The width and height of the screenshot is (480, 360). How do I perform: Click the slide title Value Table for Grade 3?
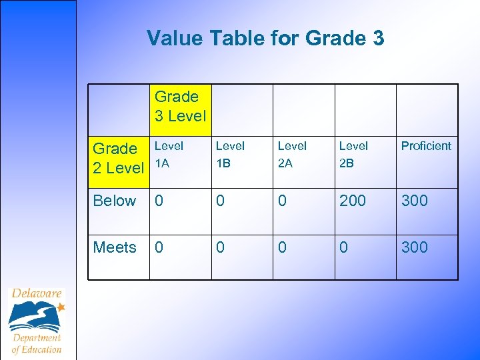coord(265,38)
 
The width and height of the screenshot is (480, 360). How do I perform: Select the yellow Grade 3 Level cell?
coord(181,106)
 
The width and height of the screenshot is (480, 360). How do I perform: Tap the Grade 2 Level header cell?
coord(118,158)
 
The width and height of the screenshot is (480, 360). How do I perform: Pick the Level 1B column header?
coord(230,153)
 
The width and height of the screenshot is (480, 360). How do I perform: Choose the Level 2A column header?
coord(292,153)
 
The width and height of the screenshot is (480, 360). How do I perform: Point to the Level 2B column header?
coord(353,153)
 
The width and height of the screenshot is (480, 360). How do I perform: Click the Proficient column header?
coord(426,146)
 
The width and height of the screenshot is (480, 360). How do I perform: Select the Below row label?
coord(115,201)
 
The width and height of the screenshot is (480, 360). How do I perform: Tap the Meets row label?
coord(115,247)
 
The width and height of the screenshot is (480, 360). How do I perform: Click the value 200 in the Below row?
coord(353,201)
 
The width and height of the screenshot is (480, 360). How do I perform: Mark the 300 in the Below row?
coord(414,201)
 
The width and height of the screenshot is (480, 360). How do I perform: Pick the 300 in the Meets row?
coord(414,247)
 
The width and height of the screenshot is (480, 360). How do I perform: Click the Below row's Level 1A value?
coord(159,201)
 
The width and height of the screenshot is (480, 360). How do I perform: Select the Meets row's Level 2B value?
coord(344,247)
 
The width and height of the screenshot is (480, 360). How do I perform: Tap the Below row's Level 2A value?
coord(282,201)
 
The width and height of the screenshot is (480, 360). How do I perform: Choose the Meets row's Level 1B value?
coord(221,247)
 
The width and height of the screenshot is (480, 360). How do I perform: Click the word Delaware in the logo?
coord(37,294)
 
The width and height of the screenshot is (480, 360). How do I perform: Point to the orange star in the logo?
coord(61,307)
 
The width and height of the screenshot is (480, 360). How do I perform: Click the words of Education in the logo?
coord(37,349)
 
